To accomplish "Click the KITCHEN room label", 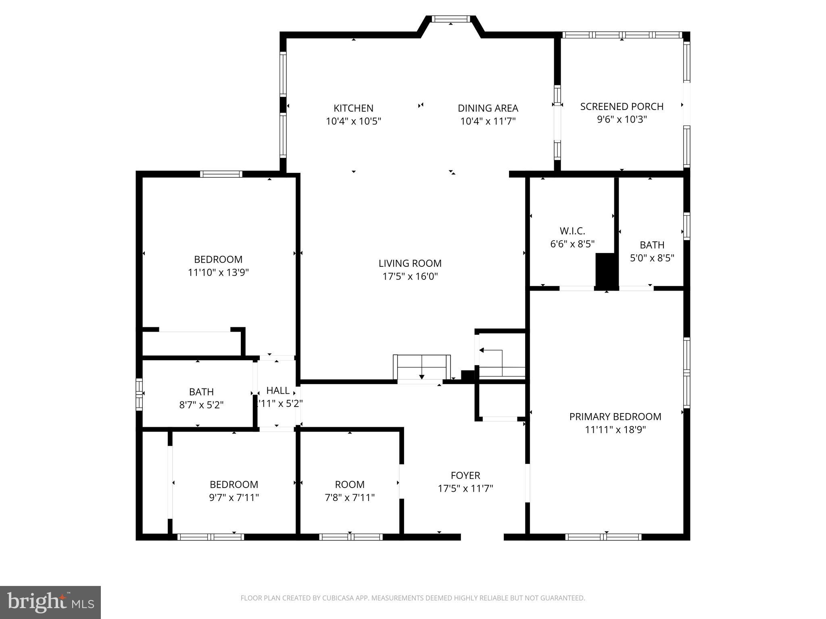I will (353, 108).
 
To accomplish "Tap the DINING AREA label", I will (488, 108).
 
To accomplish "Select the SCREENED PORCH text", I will (622, 106).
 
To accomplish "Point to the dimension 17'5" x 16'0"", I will (410, 276).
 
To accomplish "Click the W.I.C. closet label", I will (572, 231).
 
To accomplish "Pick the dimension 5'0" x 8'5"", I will (652, 258).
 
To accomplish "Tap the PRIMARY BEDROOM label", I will (615, 417).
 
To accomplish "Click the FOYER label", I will (465, 476).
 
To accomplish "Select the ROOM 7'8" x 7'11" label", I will (350, 484).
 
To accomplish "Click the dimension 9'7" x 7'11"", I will (234, 498).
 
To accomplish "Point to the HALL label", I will (278, 391).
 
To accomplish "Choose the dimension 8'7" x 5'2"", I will (201, 405).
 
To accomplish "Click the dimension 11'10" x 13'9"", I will (218, 272).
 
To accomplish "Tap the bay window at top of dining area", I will (451, 19).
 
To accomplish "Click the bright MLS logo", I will (50, 602).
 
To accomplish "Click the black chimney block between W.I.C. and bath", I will (607, 271).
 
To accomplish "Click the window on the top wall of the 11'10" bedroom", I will (221, 174).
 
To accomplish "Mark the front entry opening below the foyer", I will (482, 537).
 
